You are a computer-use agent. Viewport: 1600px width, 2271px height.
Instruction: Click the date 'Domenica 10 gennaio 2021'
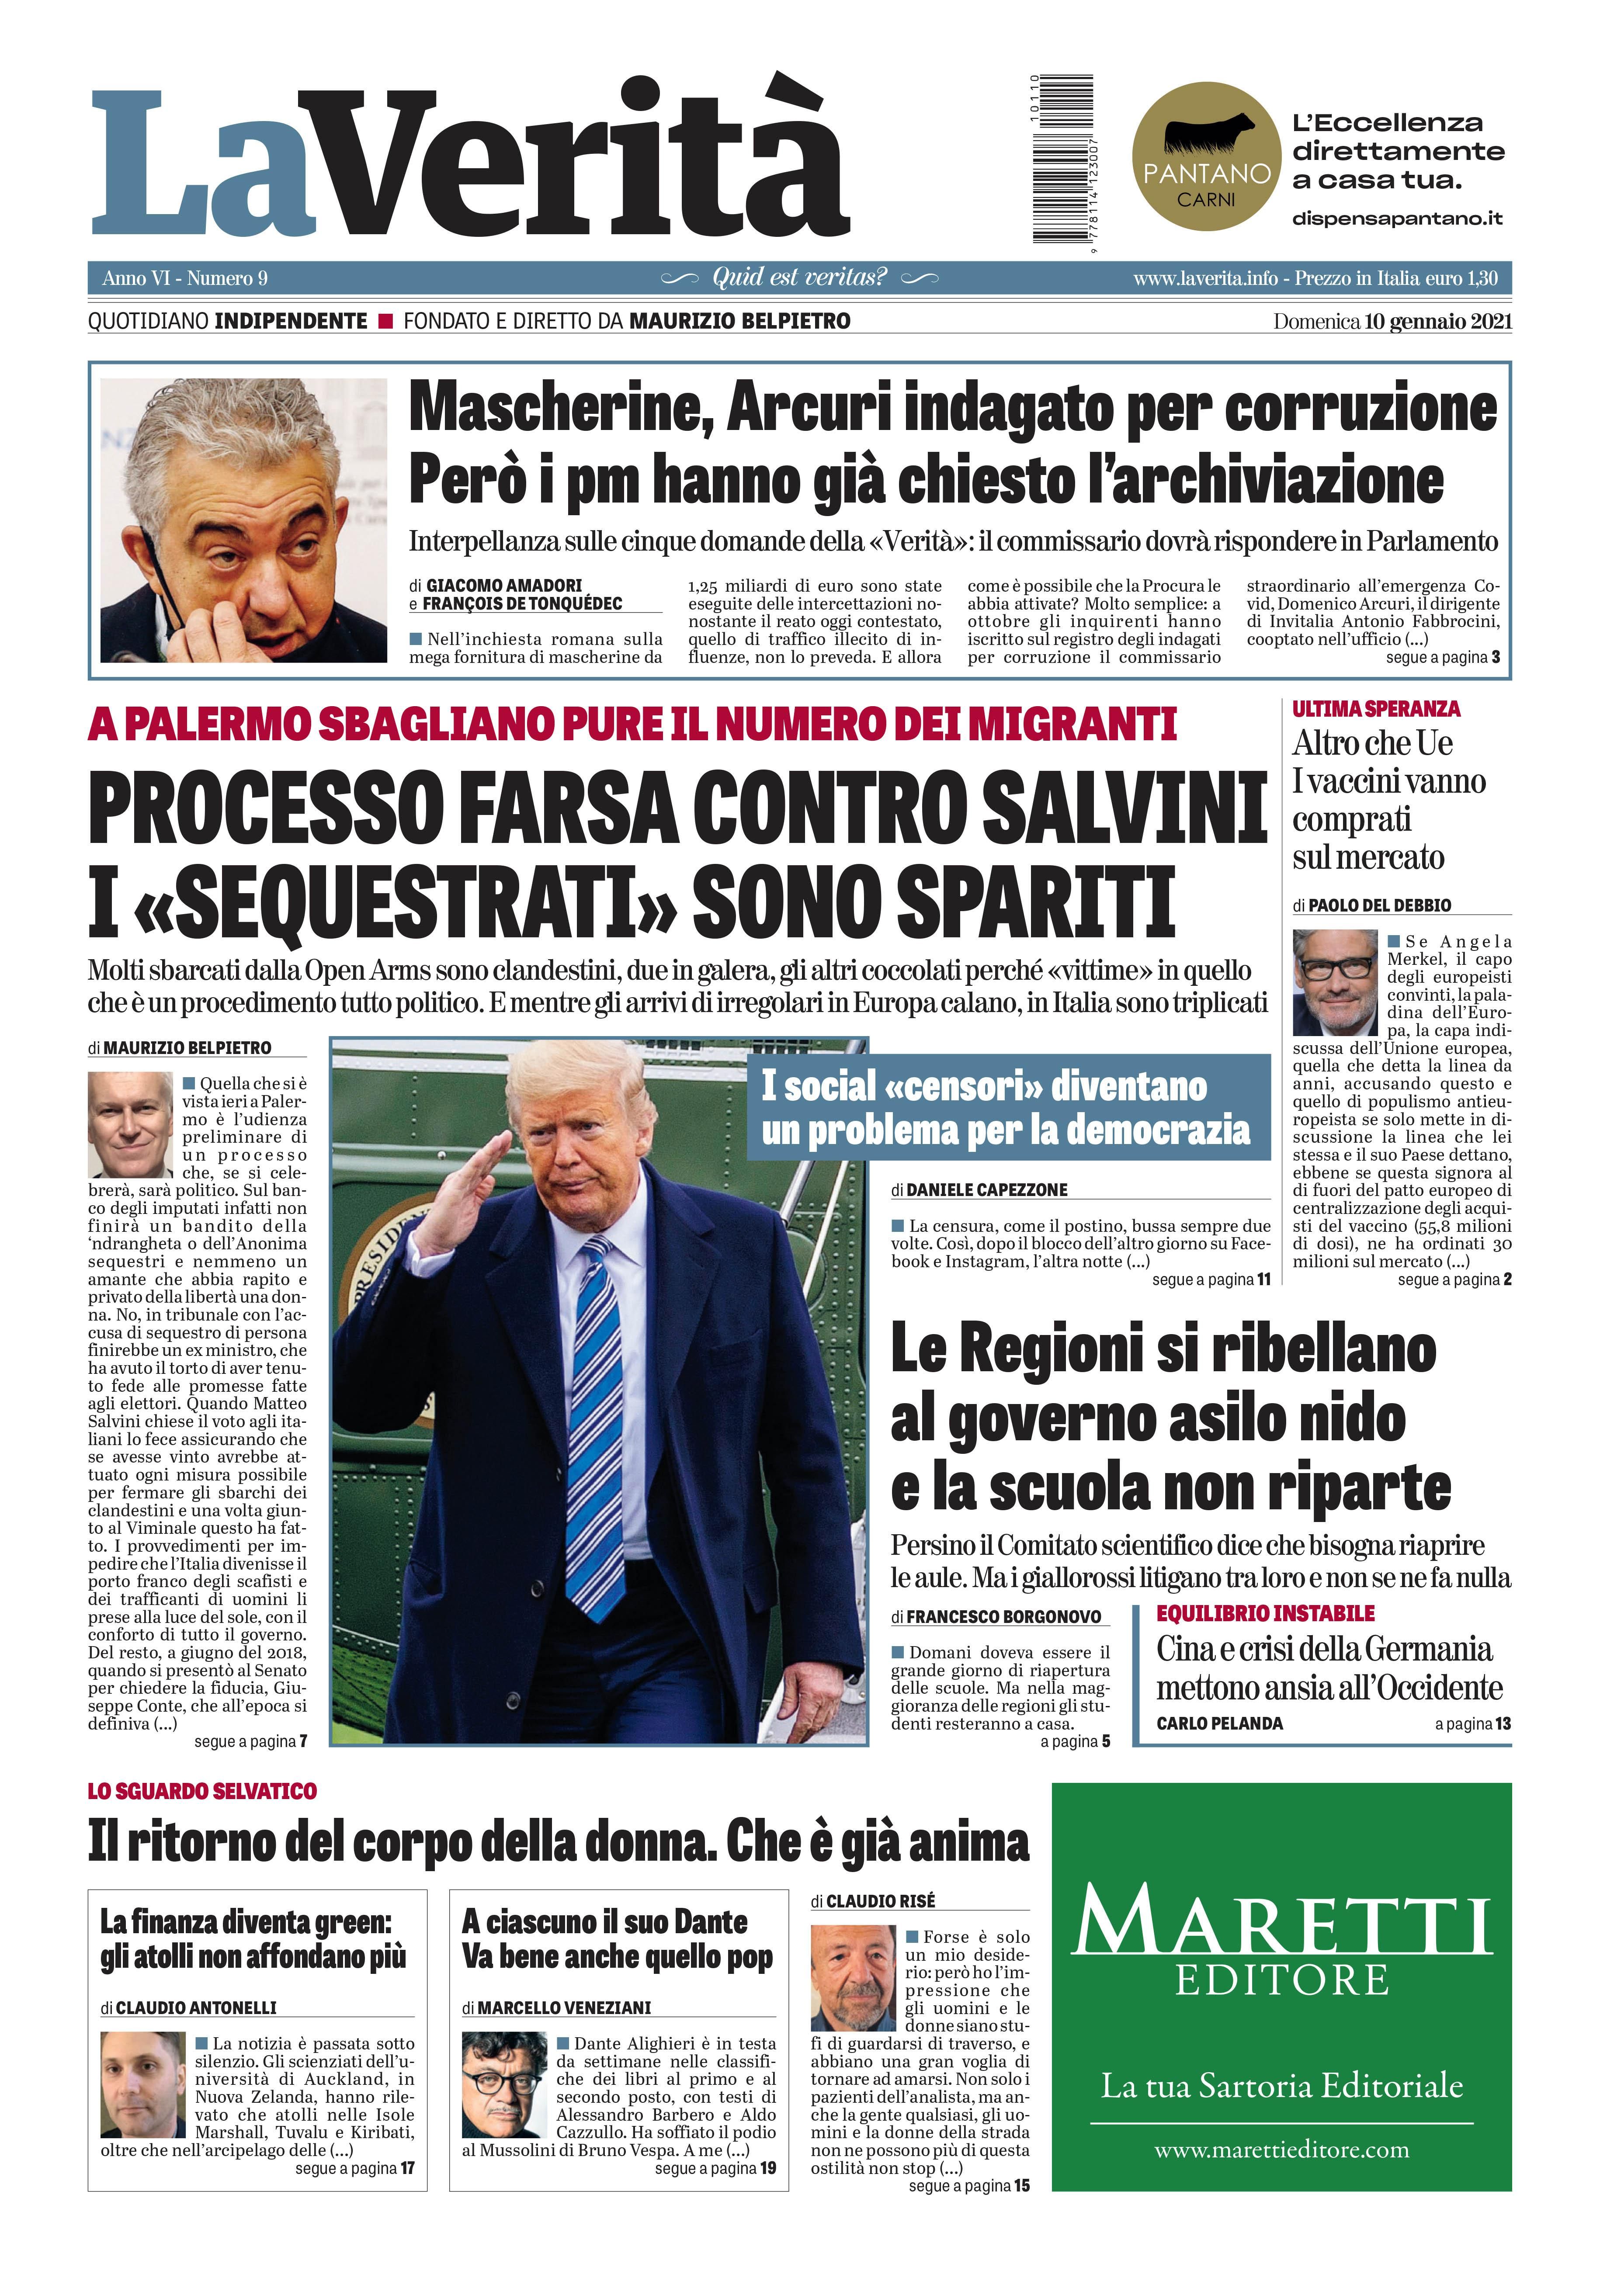pyautogui.click(x=1391, y=322)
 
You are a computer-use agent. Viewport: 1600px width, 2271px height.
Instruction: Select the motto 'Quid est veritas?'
pyautogui.click(x=799, y=278)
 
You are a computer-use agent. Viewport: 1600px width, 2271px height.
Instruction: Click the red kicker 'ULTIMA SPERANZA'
pyautogui.click(x=1375, y=709)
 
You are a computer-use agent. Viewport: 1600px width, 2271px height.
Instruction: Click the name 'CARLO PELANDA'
pyautogui.click(x=1219, y=1723)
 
